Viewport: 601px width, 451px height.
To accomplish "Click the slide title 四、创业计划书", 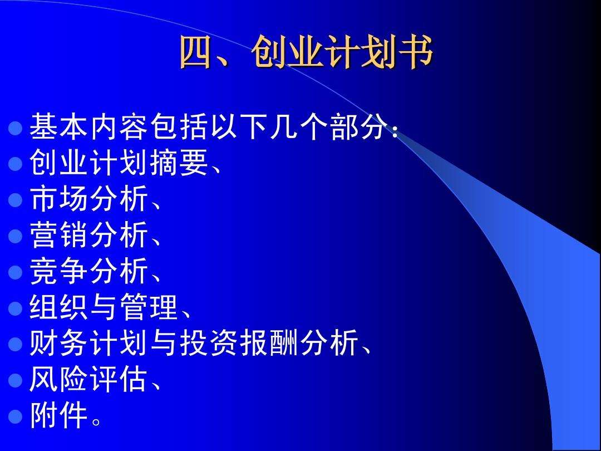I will coord(306,55).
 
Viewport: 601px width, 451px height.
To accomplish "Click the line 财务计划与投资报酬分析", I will coord(194,344).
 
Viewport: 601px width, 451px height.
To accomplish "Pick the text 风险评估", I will coord(89,380).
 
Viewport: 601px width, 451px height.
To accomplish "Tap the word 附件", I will coord(59,416).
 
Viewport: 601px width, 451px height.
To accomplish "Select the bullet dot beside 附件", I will coord(16,418).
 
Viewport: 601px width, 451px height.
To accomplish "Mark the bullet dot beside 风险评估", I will coord(16,381).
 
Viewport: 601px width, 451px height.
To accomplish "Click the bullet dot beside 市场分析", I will coord(16,200).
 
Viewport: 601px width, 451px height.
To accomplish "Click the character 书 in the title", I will coord(416,55).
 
